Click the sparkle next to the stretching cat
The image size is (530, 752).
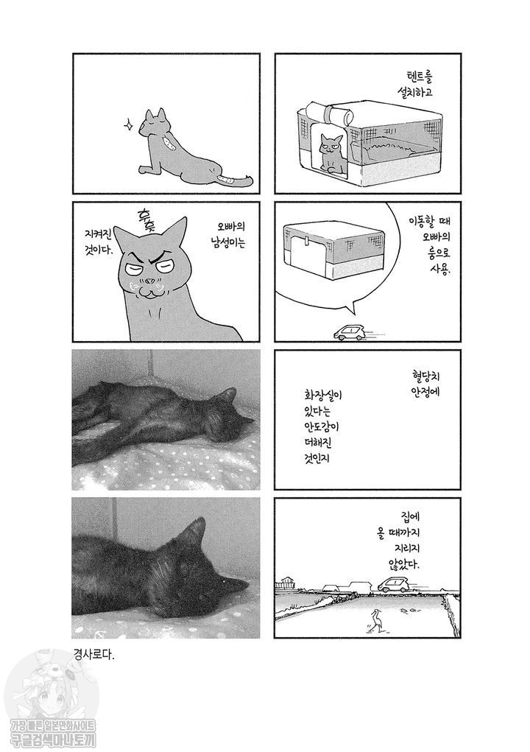(x=128, y=125)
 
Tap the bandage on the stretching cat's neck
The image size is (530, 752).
(x=169, y=141)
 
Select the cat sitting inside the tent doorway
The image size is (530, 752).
(x=331, y=152)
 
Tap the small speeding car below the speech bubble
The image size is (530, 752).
(x=348, y=333)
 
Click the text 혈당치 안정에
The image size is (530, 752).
(x=422, y=384)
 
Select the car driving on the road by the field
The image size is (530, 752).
(x=394, y=583)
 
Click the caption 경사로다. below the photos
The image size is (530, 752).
(x=94, y=654)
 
